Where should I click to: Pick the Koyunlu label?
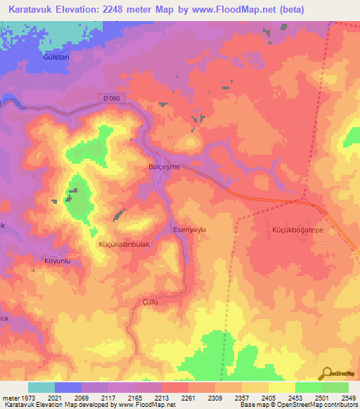[x=58, y=261]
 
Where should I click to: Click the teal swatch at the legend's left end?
[x=41, y=387]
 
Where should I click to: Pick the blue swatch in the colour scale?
[x=68, y=387]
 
